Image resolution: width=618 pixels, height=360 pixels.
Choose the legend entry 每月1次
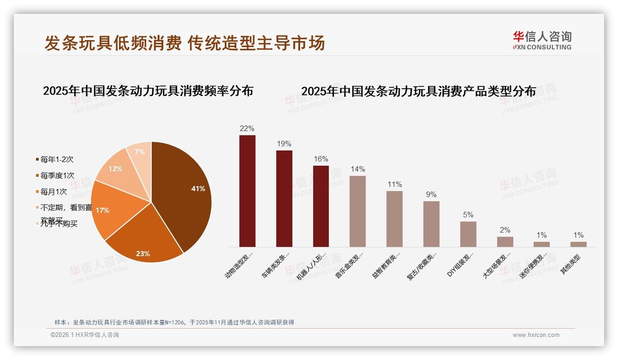53,192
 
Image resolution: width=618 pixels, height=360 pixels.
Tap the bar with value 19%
284,198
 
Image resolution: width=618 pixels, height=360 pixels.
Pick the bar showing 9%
431,224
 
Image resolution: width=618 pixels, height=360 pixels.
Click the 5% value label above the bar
468,215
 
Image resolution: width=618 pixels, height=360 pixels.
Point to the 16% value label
321,159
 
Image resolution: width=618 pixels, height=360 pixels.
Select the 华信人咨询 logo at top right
542,41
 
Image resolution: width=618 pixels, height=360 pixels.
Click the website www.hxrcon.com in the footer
536,335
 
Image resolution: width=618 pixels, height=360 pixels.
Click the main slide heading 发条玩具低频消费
113,43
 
